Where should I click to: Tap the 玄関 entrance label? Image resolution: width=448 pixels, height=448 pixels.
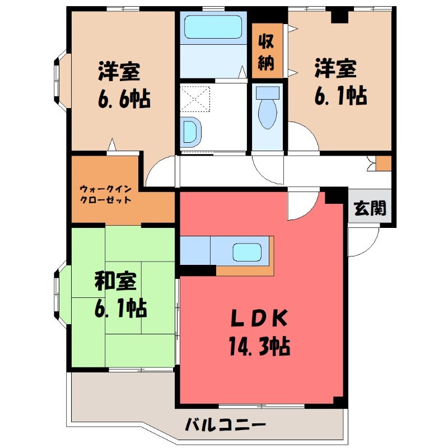pos(370,208)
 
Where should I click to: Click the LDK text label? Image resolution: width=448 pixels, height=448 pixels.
pos(259,319)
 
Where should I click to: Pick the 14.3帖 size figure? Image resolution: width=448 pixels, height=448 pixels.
pos(258,348)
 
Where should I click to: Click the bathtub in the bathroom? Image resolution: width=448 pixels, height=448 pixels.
pos(212,26)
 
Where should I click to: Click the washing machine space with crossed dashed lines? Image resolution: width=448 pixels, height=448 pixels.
pos(197,100)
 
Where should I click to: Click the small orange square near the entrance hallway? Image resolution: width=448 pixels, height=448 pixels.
pos(383,163)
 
